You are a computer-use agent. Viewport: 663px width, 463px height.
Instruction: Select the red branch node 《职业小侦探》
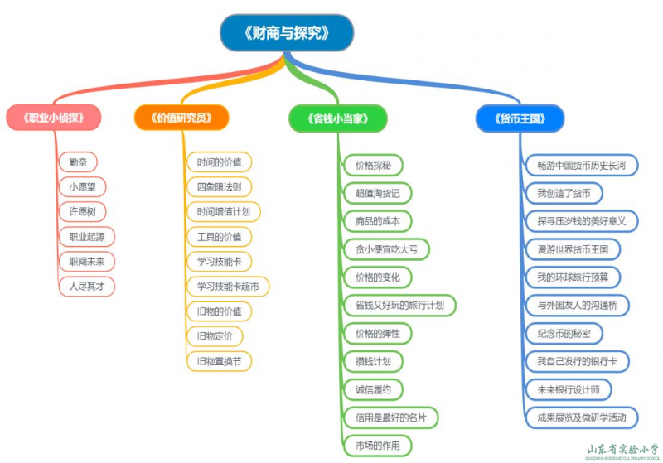pos(54,118)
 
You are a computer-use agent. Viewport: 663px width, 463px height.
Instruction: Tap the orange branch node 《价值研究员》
pos(181,118)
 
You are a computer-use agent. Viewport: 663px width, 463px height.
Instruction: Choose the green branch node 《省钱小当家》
pos(338,118)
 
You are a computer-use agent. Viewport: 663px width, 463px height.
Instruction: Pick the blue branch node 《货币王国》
pos(520,118)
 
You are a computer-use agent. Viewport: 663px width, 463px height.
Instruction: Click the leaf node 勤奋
pos(79,162)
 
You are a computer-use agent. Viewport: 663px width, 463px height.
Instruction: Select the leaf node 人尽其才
pos(87,286)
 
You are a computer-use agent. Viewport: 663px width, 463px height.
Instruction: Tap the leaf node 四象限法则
pos(220,186)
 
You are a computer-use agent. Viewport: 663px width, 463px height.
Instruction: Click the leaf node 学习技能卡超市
pos(228,287)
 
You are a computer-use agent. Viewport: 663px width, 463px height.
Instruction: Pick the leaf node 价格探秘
pos(372,164)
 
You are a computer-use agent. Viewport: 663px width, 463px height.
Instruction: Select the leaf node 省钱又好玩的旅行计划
pos(399,305)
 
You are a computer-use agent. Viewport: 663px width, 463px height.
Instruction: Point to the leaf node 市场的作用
pos(377,446)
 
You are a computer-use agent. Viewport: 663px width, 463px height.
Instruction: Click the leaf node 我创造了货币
pos(564,193)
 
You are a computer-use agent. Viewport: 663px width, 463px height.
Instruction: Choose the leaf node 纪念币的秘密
pos(564,333)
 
